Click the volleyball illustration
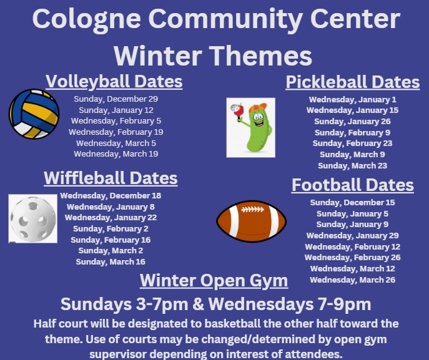tap(34, 114)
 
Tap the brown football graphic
tap(252, 221)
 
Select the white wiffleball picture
tap(33, 218)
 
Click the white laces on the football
tap(252, 210)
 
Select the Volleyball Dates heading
tap(114, 82)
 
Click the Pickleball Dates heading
tap(353, 82)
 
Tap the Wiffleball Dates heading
tap(111, 178)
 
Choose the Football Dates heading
tap(353, 185)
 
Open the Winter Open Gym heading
tap(214, 281)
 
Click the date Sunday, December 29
tap(116, 99)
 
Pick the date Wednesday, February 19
tap(116, 132)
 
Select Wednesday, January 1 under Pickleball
tap(353, 99)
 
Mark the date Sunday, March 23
tap(353, 165)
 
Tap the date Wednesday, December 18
tap(111, 196)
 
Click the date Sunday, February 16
tap(111, 240)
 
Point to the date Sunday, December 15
tap(353, 203)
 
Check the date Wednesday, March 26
tap(353, 280)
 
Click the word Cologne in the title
tap(86, 19)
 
